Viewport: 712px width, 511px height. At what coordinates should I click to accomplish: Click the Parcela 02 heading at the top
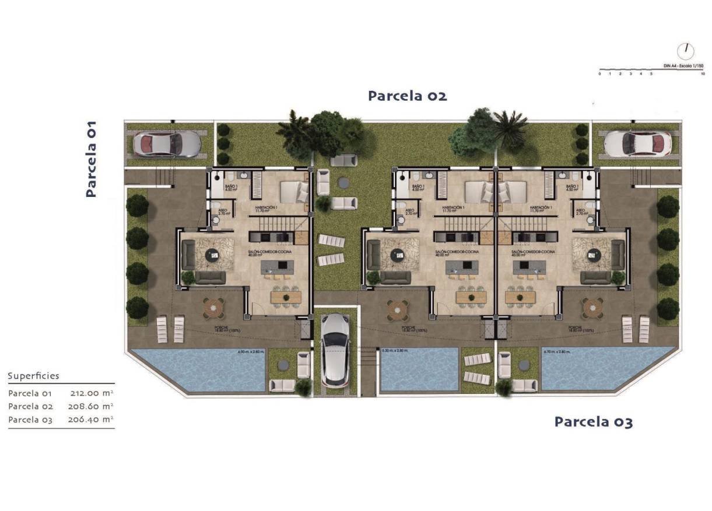(x=407, y=96)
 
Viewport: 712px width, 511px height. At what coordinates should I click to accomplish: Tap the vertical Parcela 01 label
(x=91, y=158)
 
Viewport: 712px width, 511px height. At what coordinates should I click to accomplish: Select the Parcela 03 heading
(x=593, y=421)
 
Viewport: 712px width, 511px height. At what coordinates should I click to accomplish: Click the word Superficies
(x=34, y=376)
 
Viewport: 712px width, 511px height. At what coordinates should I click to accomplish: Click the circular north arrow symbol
(x=686, y=51)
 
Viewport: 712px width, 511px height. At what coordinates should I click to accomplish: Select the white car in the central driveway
(x=335, y=349)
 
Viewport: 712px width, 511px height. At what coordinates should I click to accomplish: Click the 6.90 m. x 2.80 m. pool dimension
(x=251, y=352)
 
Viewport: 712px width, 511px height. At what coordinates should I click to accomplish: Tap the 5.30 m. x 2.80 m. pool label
(x=395, y=351)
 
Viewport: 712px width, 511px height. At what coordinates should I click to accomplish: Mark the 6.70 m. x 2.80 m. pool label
(x=556, y=351)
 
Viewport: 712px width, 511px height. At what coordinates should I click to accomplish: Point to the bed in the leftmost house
(x=294, y=192)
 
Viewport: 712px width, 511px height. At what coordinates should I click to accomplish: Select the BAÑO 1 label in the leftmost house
(x=231, y=187)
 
